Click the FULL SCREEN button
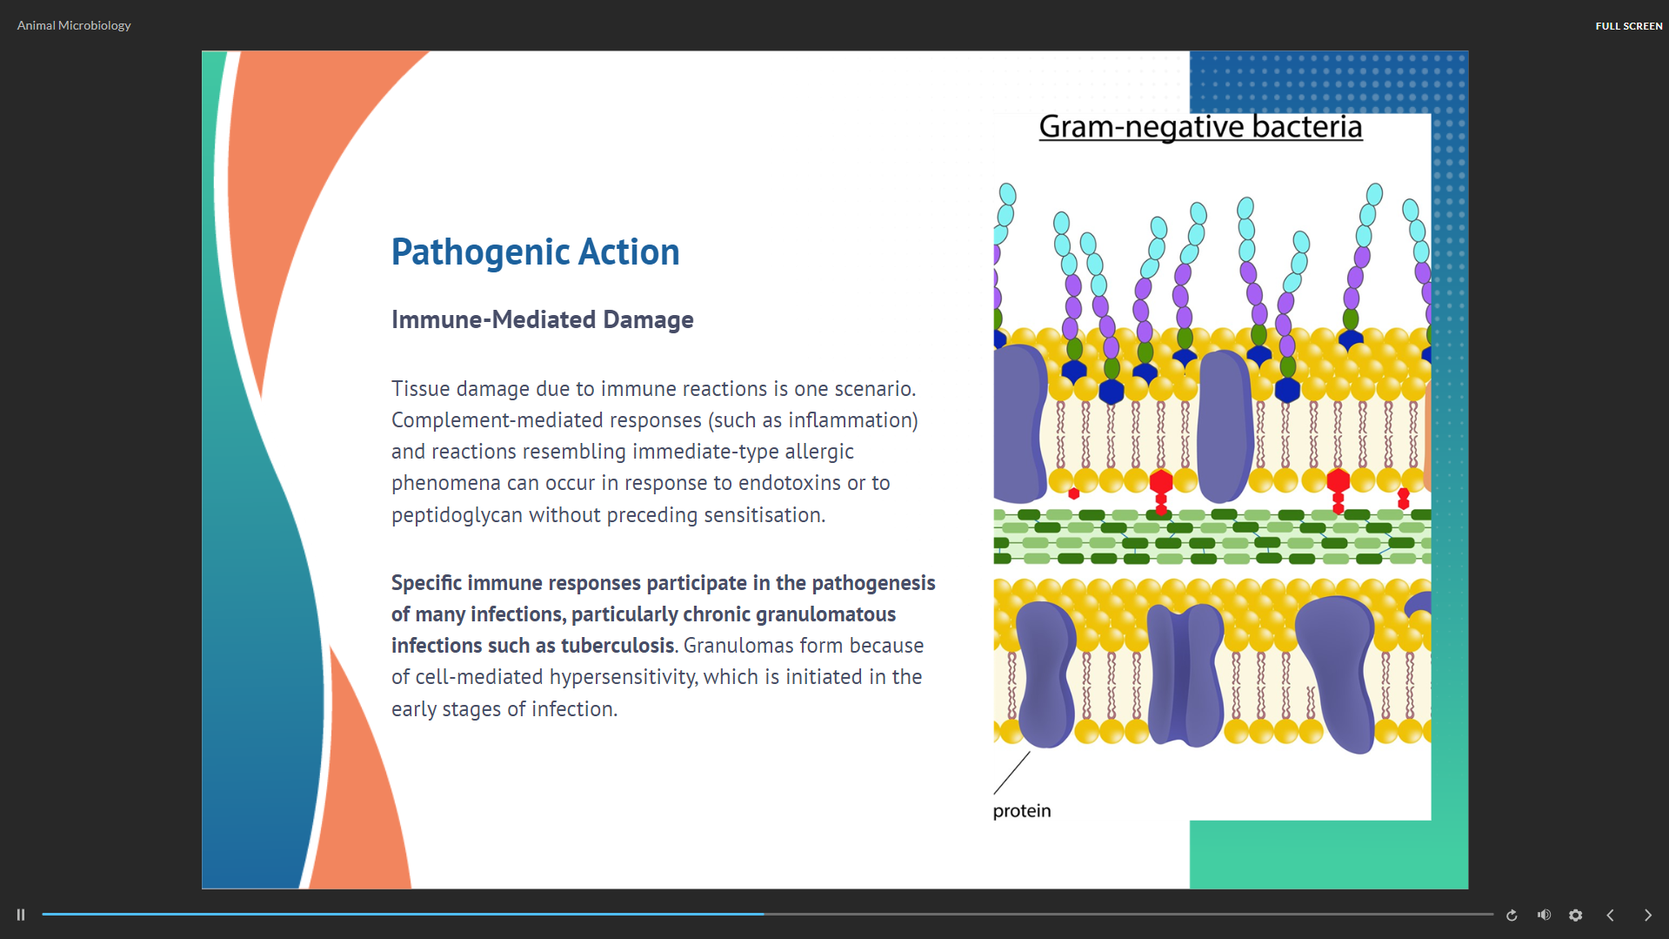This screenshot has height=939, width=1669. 1628,26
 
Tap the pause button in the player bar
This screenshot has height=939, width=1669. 21,915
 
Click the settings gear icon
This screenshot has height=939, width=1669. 1575,915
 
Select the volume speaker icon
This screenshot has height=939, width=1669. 1544,915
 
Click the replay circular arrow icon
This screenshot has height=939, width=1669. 1512,915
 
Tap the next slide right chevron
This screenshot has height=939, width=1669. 1647,915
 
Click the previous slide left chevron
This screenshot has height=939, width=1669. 1610,915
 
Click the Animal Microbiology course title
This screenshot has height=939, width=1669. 74,25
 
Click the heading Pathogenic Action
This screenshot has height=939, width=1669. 535,252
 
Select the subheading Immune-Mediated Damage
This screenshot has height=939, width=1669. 542,319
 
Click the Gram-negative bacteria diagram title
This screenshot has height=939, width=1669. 1200,127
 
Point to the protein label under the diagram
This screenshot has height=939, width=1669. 1022,811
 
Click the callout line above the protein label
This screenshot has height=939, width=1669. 1011,773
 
